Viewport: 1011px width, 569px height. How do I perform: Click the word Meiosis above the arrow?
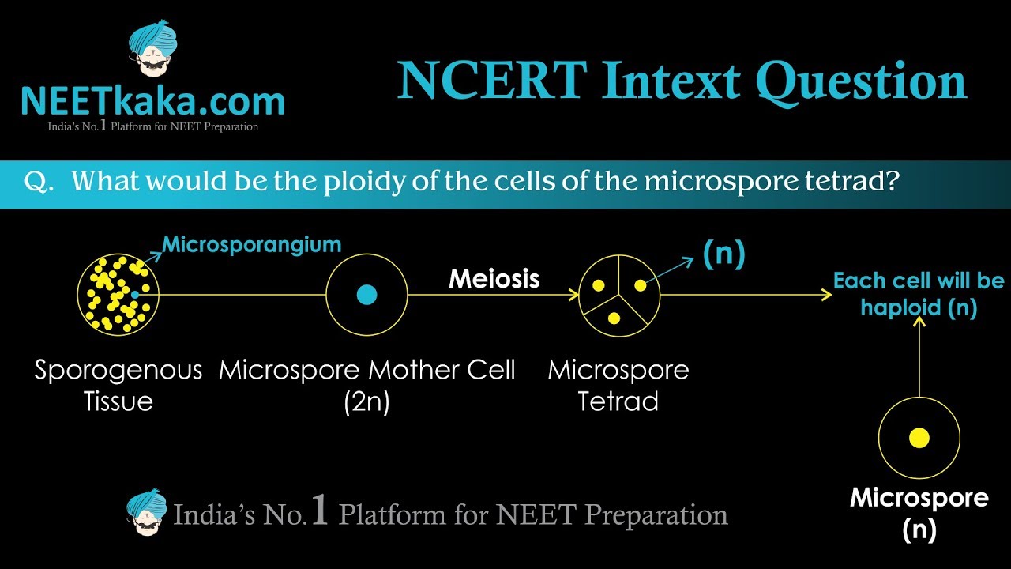(x=494, y=278)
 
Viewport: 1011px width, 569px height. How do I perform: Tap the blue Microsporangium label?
(x=251, y=244)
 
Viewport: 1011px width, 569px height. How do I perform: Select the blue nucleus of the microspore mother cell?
(x=366, y=295)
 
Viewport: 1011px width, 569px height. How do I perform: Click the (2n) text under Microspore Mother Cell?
(x=366, y=401)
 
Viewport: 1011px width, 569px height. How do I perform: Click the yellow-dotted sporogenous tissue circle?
(x=118, y=294)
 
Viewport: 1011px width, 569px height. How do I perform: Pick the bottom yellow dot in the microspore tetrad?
(x=614, y=318)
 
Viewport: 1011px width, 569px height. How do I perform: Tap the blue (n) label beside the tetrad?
(x=723, y=254)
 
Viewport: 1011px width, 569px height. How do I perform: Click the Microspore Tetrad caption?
(x=618, y=385)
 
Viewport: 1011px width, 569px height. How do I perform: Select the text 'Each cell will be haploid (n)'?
(x=919, y=294)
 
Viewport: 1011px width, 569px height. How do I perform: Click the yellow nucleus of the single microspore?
(x=919, y=438)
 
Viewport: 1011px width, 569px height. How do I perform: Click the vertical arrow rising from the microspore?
(x=919, y=356)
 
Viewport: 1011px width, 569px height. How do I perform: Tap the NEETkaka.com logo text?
(x=152, y=101)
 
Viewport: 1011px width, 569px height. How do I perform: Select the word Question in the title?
(x=861, y=81)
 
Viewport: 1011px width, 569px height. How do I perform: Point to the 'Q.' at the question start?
(x=39, y=182)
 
